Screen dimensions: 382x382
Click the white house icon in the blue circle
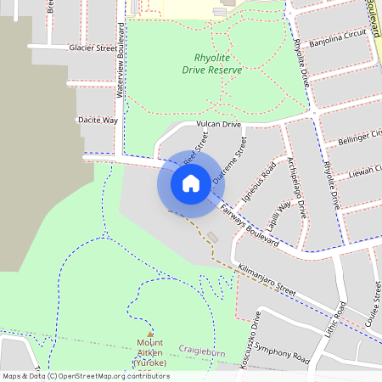[x=190, y=183]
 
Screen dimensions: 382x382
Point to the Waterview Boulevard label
[x=121, y=77]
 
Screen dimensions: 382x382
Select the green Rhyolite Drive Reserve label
[x=218, y=64]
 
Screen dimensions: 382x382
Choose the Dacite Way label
[x=98, y=121]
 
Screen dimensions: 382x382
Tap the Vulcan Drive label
[x=219, y=125]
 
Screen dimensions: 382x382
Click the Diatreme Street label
[x=230, y=161]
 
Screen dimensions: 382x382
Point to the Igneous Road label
[x=259, y=179]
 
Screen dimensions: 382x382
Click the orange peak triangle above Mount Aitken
[x=149, y=334]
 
